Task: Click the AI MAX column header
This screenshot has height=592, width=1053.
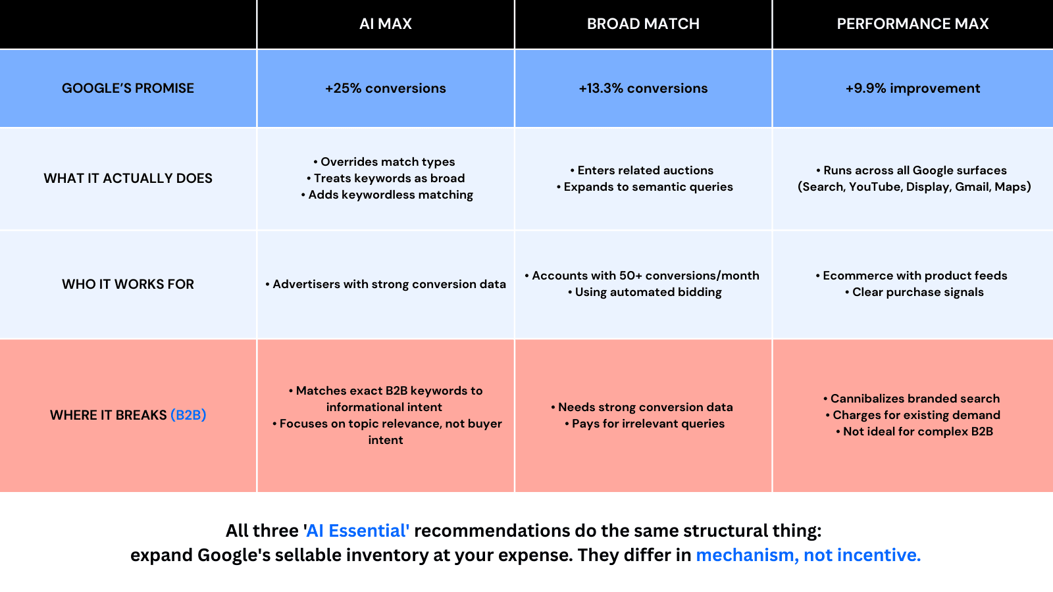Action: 385,24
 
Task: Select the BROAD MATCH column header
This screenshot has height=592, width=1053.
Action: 643,24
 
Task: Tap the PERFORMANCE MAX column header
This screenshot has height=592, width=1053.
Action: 912,24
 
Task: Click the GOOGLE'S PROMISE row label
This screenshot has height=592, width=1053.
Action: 128,88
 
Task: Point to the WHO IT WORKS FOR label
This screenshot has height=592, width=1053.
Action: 128,284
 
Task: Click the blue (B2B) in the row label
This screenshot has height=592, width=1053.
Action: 188,415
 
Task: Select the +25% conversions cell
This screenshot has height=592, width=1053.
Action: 385,88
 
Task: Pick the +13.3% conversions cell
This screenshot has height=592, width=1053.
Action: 643,88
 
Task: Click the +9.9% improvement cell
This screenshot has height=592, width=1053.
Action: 912,88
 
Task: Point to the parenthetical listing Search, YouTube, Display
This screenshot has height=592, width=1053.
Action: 914,187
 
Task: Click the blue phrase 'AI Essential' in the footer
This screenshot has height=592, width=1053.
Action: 358,531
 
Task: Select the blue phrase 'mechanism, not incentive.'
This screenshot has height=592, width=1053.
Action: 808,555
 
